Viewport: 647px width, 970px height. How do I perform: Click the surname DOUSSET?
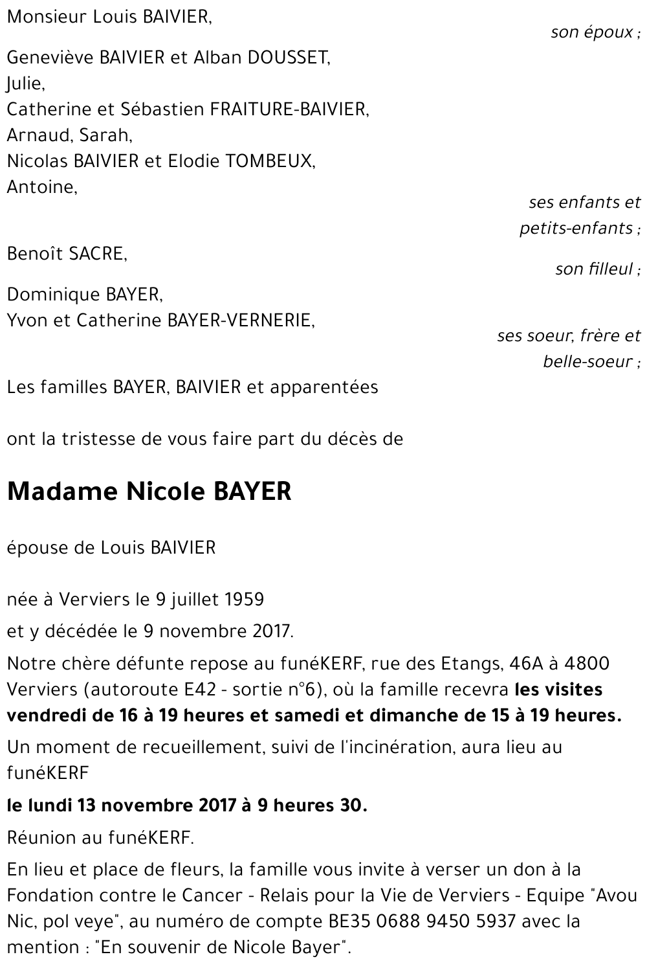point(288,58)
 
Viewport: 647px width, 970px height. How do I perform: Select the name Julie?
point(25,84)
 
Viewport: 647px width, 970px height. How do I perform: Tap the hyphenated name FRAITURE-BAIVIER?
point(290,109)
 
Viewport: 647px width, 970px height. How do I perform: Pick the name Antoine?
point(41,187)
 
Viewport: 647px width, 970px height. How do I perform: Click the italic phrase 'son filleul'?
point(594,269)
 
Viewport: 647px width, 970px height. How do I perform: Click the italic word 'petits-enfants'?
point(576,229)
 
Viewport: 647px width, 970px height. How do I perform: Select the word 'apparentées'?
point(323,388)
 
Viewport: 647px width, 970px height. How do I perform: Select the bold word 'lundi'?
point(49,806)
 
